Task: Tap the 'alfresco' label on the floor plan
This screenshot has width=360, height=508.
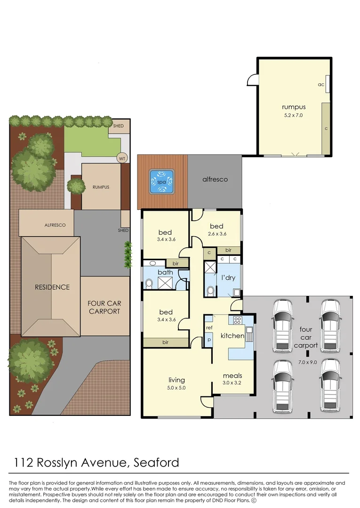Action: coord(215,179)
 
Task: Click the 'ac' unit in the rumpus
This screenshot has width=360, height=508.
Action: coord(322,85)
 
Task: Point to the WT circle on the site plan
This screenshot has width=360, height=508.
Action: coord(122,159)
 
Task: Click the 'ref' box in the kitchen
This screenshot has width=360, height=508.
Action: coord(209,328)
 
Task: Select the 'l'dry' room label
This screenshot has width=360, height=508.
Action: coord(228,278)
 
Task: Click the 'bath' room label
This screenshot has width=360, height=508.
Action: coord(165,272)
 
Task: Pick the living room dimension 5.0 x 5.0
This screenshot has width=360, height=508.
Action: coord(176,388)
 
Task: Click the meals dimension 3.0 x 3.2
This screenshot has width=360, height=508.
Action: coord(232,383)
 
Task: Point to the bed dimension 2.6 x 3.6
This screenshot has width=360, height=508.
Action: coord(217,234)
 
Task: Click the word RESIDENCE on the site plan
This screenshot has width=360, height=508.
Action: coord(52,287)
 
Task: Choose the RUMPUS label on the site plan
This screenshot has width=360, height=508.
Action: coord(101,187)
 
